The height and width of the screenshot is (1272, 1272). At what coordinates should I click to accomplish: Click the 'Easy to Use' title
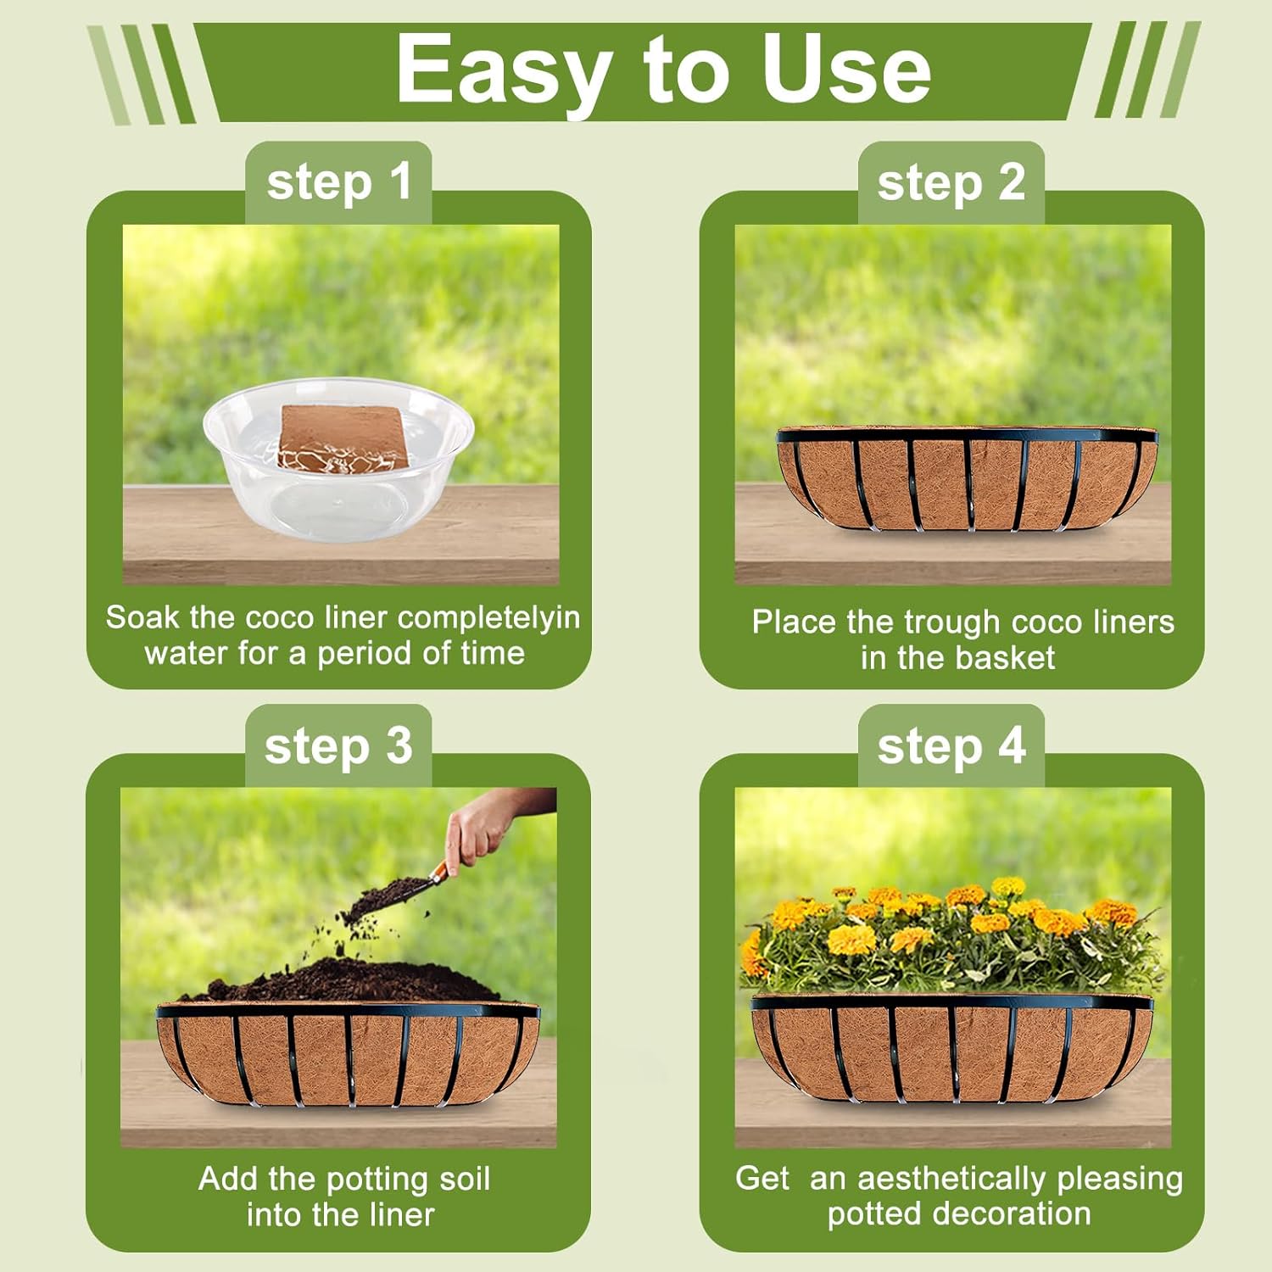pos(663,70)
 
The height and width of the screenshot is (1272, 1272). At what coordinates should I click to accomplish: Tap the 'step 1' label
pos(339,183)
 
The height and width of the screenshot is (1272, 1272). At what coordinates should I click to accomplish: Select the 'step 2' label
pos(951,183)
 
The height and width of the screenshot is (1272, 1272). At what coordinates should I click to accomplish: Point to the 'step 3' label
pos(338,747)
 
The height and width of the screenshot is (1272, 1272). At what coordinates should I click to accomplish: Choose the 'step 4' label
pos(951,747)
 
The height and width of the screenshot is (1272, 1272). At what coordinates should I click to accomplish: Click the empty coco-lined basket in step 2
pos(967,478)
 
